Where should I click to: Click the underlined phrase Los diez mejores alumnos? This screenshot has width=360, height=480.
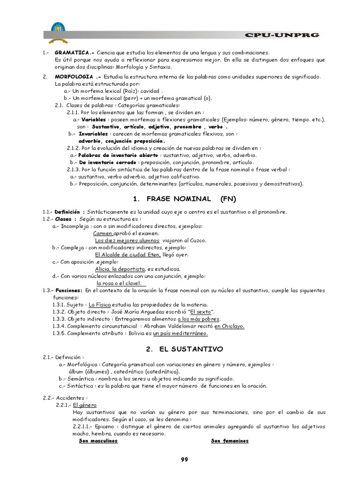pos(120,240)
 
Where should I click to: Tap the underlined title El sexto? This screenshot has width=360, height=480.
pos(200,312)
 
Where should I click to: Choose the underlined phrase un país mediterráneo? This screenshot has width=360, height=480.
pos(180,333)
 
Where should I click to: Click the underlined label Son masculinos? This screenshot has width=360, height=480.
pos(98,441)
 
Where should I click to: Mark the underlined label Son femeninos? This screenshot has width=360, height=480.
pos(230,441)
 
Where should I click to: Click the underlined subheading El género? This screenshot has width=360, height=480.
pos(85,405)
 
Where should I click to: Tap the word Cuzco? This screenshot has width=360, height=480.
pos(198,240)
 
